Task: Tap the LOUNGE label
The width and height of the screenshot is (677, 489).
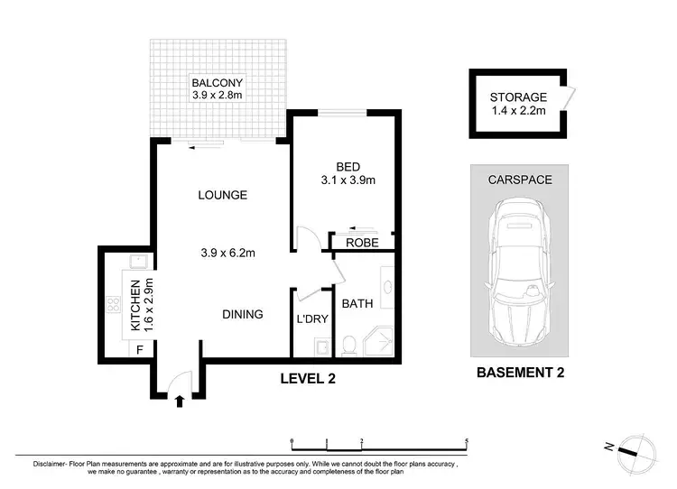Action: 223,195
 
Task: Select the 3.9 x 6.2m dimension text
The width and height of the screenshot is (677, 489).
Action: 228,253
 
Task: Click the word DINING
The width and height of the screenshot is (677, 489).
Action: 243,314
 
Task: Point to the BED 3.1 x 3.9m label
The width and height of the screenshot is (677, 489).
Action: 348,173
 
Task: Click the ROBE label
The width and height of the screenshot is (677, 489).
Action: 362,243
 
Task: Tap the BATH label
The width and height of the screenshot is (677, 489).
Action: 357,304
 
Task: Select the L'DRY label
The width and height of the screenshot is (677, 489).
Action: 312,319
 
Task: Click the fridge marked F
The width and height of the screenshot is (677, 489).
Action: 140,349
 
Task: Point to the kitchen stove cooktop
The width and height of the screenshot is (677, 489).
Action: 114,304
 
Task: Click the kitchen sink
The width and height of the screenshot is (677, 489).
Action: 139,262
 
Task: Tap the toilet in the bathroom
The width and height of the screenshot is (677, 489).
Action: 348,346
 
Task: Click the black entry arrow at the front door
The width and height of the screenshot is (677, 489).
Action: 180,401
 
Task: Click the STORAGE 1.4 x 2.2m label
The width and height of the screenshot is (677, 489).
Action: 518,104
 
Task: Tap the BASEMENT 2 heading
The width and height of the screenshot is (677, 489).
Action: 520,373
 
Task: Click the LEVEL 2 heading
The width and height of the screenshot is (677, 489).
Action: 308,379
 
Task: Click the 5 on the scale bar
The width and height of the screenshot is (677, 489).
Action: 467,441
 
